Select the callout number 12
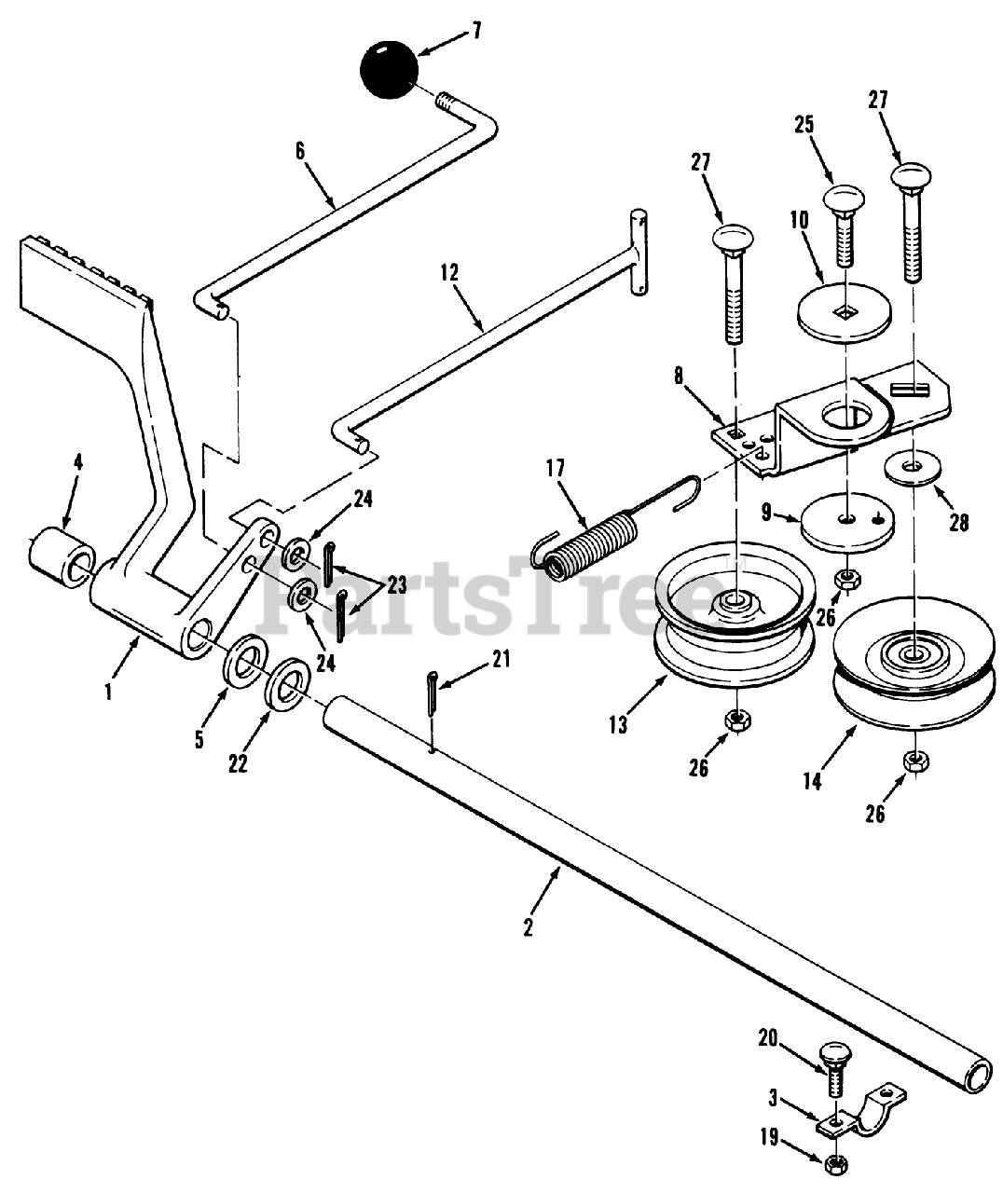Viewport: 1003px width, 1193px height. pyautogui.click(x=450, y=273)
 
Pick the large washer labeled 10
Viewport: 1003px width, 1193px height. pyautogui.click(x=845, y=309)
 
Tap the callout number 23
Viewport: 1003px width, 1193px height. pyautogui.click(x=397, y=585)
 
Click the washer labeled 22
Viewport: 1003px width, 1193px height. pyautogui.click(x=289, y=686)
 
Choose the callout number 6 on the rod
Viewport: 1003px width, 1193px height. pyautogui.click(x=300, y=150)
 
